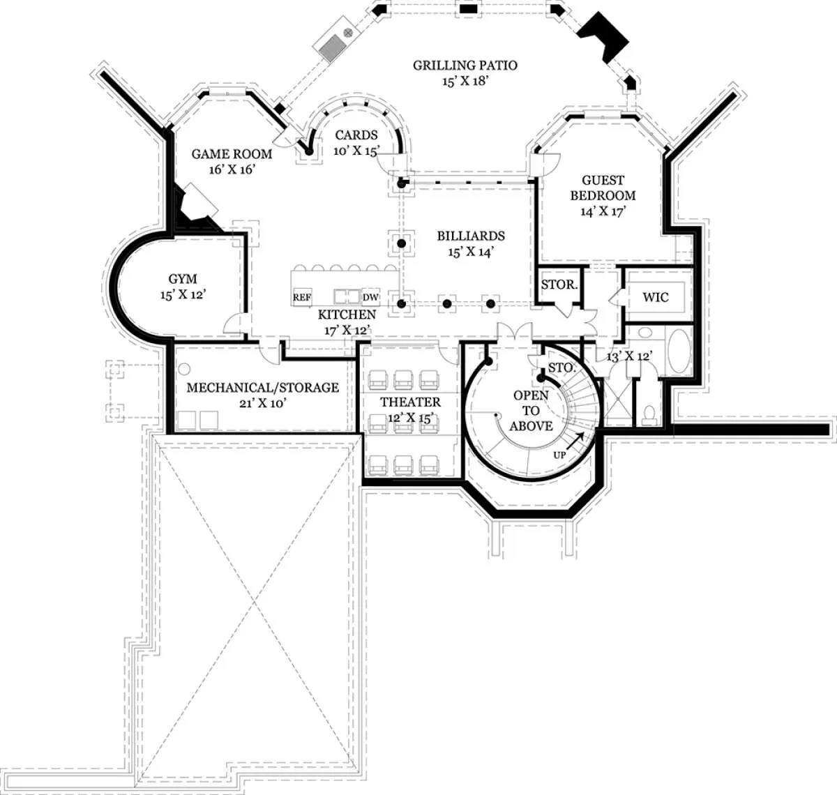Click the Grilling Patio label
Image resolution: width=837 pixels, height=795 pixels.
click(465, 65)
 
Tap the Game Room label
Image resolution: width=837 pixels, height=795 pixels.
click(232, 153)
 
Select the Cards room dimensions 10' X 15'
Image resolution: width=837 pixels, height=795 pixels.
click(356, 151)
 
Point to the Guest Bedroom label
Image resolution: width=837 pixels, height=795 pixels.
click(603, 188)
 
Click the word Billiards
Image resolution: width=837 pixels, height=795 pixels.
click(471, 236)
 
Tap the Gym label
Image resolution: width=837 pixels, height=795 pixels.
click(183, 279)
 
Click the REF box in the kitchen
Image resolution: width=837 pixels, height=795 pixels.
click(302, 297)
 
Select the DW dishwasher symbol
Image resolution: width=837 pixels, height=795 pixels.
click(370, 297)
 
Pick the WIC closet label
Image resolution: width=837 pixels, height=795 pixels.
click(655, 297)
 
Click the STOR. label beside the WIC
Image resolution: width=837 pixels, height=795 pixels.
click(559, 284)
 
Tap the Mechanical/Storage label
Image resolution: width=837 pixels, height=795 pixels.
click(263, 388)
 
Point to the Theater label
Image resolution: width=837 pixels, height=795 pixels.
click(410, 402)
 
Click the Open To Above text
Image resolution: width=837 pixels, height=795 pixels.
click(531, 411)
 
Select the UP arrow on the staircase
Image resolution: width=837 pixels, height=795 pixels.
click(575, 441)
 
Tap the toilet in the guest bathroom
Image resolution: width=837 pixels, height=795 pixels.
click(649, 415)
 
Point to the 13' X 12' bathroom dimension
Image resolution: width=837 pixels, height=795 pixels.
click(629, 356)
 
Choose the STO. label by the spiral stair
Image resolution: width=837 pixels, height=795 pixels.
click(562, 368)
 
